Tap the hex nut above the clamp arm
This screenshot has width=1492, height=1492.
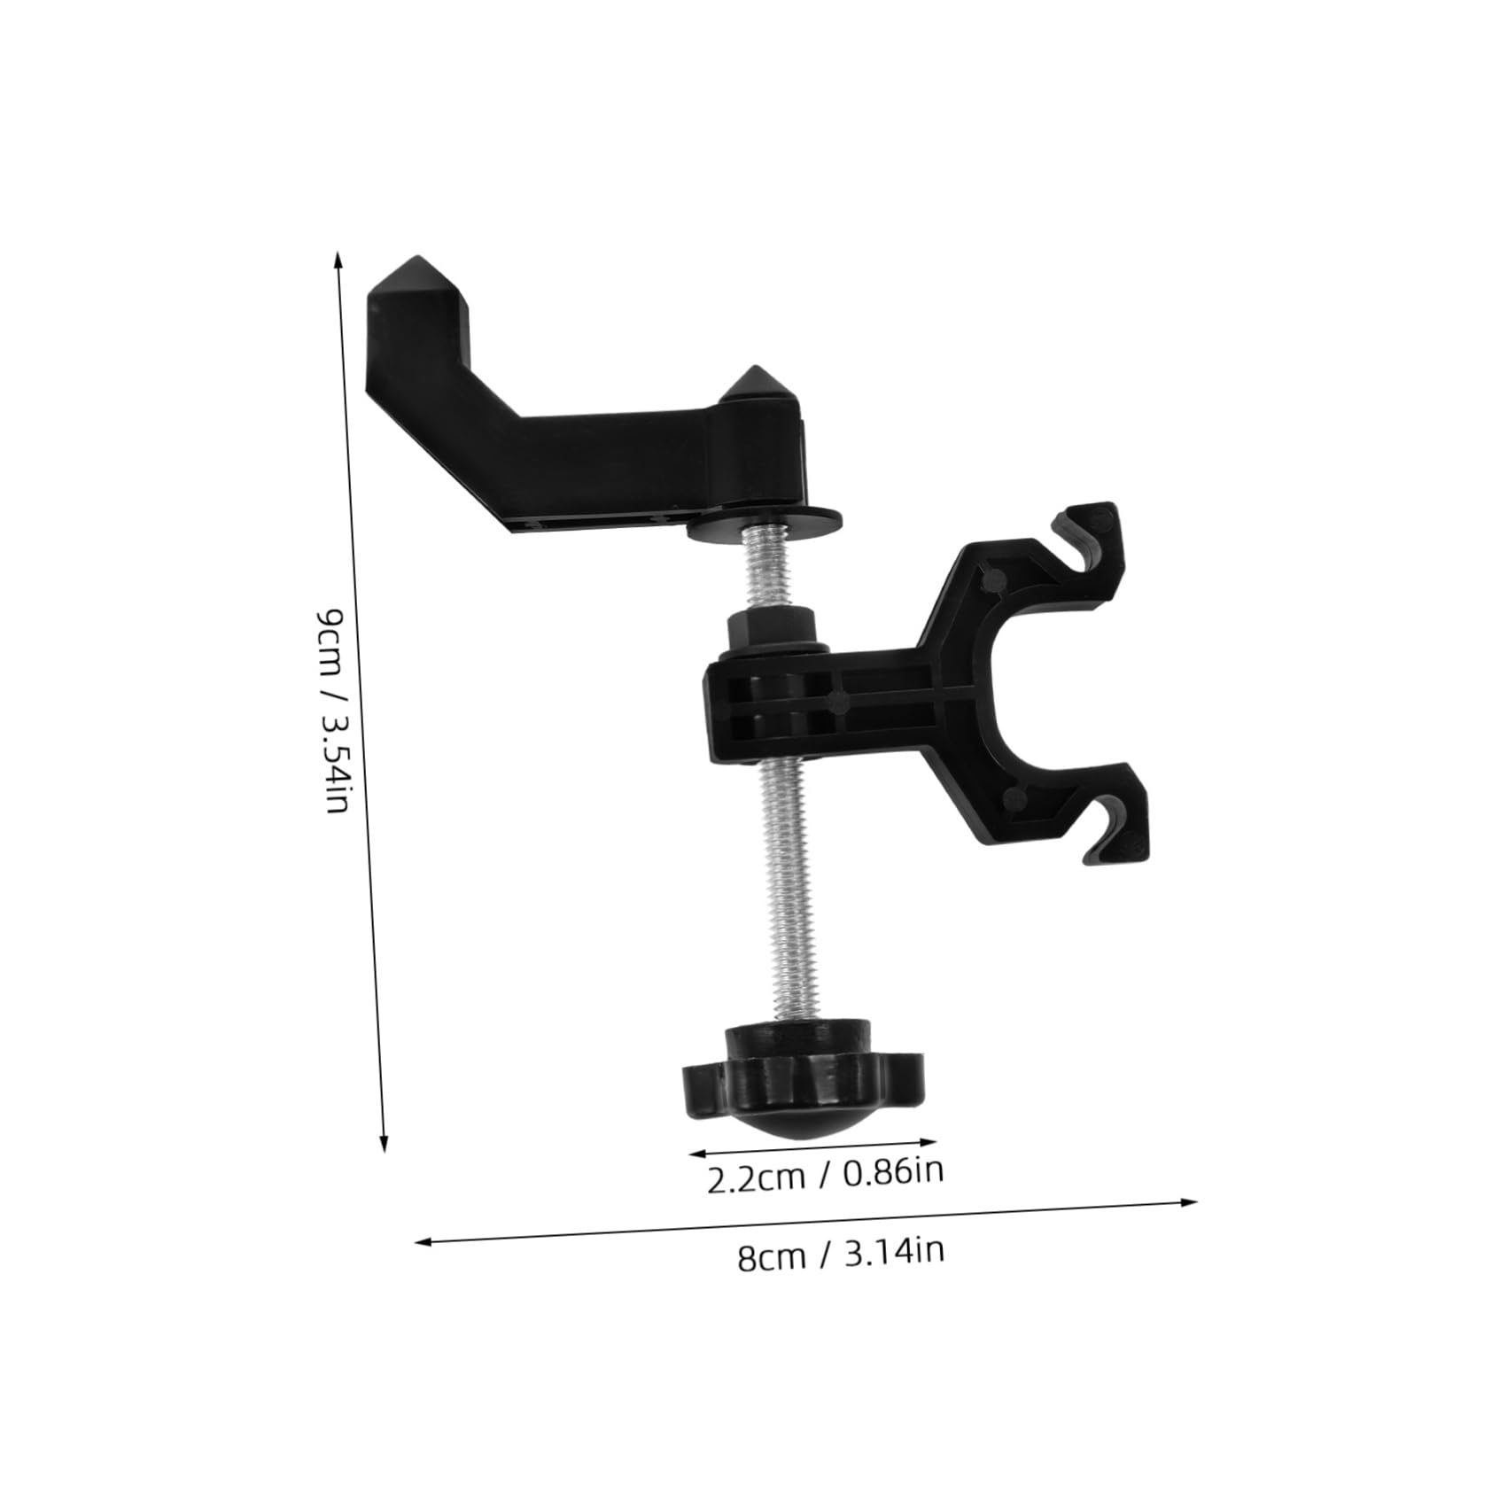pyautogui.click(x=769, y=631)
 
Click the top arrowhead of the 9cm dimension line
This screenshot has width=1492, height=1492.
pyautogui.click(x=338, y=257)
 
